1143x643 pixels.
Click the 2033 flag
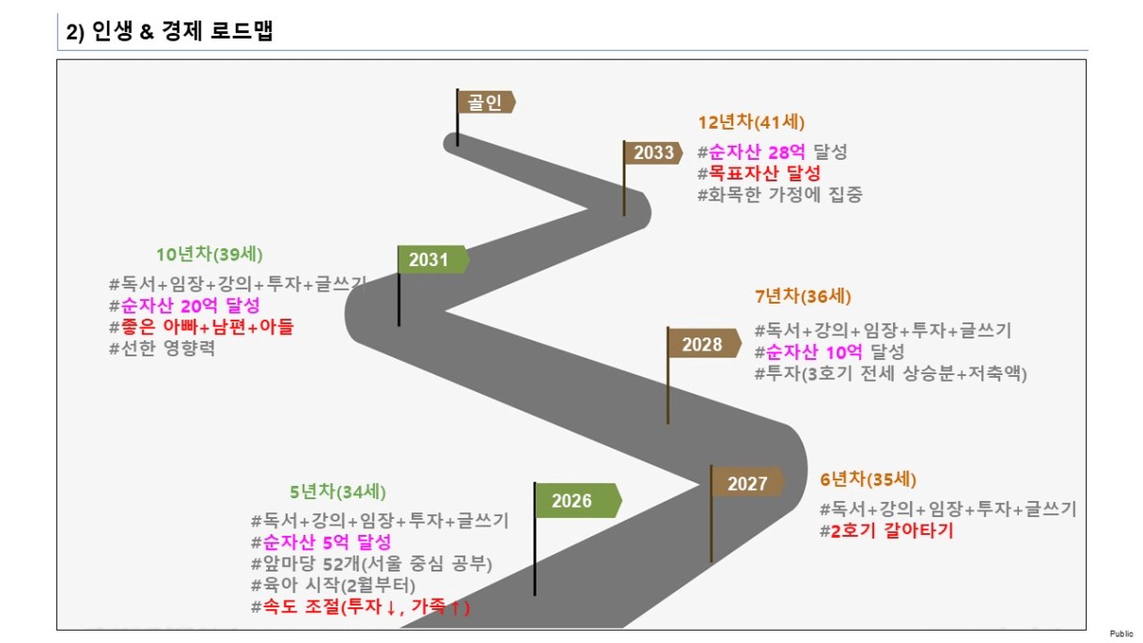coord(653,153)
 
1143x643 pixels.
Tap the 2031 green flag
coord(431,259)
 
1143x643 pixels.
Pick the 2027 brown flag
coord(748,483)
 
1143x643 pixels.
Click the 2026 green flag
coord(575,500)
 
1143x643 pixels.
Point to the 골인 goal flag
coord(485,102)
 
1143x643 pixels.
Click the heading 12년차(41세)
coord(751,122)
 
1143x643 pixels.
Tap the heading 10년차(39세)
coord(210,255)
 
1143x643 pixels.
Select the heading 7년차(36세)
coord(803,297)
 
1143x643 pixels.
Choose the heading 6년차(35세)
coord(868,478)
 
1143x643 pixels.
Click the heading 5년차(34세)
coord(337,492)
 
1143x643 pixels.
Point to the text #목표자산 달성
coord(759,174)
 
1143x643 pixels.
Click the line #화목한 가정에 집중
coord(779,196)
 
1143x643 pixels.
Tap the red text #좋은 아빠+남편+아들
coord(201,327)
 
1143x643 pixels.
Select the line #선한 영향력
coord(162,350)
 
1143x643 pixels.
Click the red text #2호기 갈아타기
coord(885,531)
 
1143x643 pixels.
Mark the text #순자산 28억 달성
coord(772,152)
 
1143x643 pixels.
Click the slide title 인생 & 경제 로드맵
coord(169,31)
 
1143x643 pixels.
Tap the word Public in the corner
coord(1120,635)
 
